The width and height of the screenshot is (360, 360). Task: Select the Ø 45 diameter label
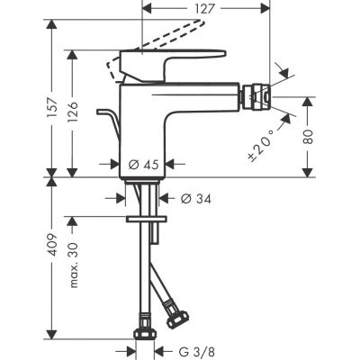144,165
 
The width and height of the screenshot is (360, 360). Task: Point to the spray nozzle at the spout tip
256,100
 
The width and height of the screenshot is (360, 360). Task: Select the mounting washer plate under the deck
147,218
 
